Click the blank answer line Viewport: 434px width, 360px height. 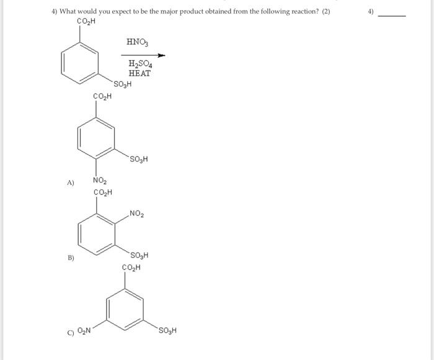click(392, 15)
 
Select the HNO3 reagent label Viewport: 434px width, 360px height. click(137, 42)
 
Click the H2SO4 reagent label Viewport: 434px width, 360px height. click(140, 63)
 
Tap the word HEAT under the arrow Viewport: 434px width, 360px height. click(139, 73)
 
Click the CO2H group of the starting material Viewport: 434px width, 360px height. click(85, 22)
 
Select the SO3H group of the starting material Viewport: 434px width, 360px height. click(122, 84)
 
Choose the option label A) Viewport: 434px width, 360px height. click(71, 182)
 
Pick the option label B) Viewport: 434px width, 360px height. click(71, 258)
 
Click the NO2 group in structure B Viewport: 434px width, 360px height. click(137, 215)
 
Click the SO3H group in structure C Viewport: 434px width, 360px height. click(167, 330)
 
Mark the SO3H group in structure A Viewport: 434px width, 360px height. click(139, 160)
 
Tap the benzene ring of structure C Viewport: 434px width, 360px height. click(126, 308)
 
